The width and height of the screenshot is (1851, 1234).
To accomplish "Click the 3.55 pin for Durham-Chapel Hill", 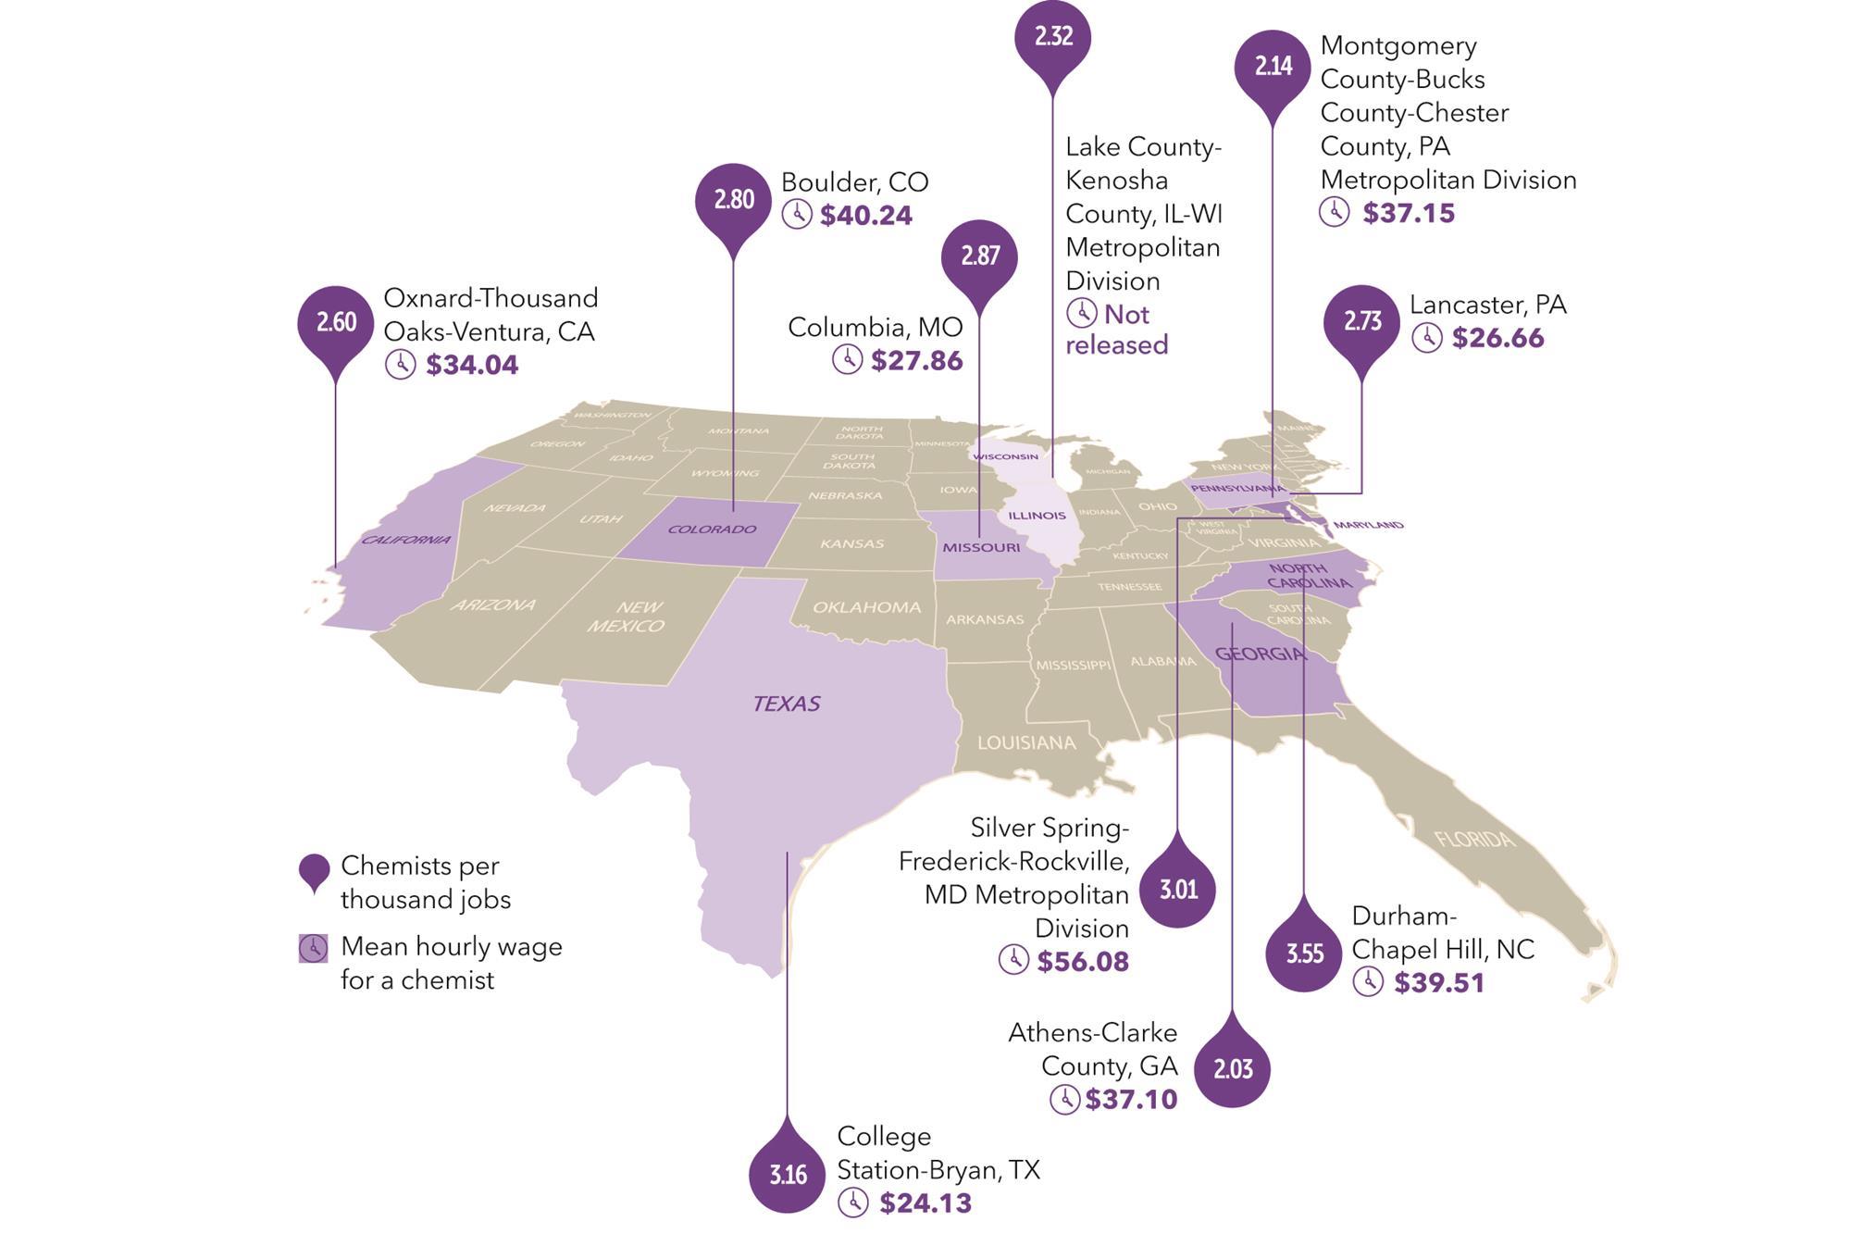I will click(1304, 954).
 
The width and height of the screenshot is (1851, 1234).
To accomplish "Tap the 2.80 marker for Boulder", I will click(733, 200).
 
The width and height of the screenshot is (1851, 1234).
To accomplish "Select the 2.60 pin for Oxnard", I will click(335, 322).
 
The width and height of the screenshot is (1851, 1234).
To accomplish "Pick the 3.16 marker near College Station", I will click(788, 1175).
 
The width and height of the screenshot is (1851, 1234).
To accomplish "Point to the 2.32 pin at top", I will click(1052, 37).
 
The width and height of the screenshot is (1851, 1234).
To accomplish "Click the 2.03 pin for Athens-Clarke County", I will click(1233, 1069).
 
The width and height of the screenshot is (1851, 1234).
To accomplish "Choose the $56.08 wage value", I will click(1083, 961).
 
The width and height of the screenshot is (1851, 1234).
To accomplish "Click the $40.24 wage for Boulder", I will click(866, 215).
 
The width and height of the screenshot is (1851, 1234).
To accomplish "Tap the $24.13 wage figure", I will click(925, 1203).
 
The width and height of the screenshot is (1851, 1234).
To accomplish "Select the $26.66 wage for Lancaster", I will click(1497, 338).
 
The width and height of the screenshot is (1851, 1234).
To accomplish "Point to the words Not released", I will click(1117, 330).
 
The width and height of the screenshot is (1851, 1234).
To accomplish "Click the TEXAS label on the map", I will click(787, 704).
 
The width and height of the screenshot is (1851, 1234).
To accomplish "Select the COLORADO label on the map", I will click(712, 530).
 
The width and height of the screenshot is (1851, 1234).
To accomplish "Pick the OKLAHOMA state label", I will click(866, 607).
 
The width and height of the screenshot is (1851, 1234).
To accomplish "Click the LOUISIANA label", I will click(1026, 742).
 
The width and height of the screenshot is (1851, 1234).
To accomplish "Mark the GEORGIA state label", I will click(1261, 654).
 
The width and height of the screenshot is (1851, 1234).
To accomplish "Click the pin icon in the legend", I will click(315, 871).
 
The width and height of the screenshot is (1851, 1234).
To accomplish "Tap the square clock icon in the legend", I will click(314, 948).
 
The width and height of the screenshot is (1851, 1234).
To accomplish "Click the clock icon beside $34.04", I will click(400, 364).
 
